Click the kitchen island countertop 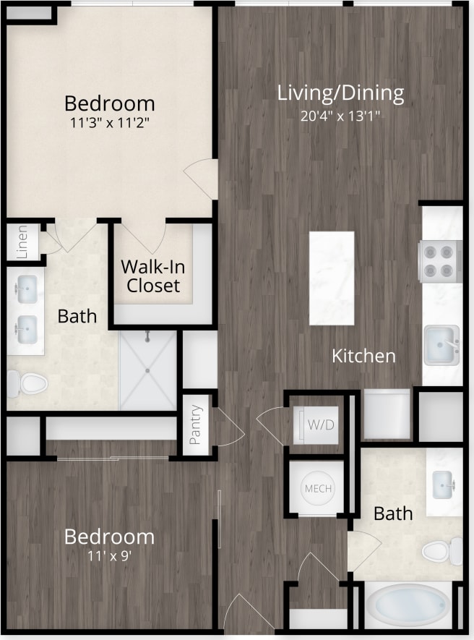pos(332,278)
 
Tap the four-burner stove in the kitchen pos(440,261)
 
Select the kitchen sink pos(441,344)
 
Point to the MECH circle pos(318,489)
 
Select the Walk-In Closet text pos(152,276)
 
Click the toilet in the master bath pos(29,383)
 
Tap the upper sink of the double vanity pos(27,289)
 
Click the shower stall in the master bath pos(147,370)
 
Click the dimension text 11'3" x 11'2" pos(109,122)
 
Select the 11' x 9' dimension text pos(109,557)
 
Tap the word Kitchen pos(363,356)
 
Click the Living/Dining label pos(340,93)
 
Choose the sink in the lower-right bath pos(443,480)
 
